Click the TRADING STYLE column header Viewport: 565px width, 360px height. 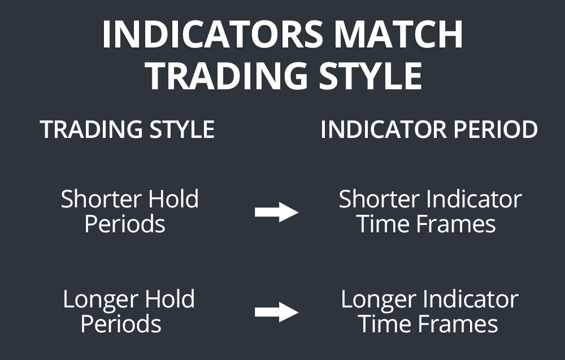[127, 130]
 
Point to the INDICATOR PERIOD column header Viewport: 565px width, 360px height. [429, 130]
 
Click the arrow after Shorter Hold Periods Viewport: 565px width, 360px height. [276, 212]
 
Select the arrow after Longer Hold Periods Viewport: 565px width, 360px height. [276, 312]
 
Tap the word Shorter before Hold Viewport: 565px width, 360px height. [102, 199]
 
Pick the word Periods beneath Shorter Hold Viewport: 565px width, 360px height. [125, 224]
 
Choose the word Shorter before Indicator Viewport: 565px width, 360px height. [380, 199]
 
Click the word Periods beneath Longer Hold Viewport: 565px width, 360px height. [121, 324]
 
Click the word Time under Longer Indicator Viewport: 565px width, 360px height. [381, 324]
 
